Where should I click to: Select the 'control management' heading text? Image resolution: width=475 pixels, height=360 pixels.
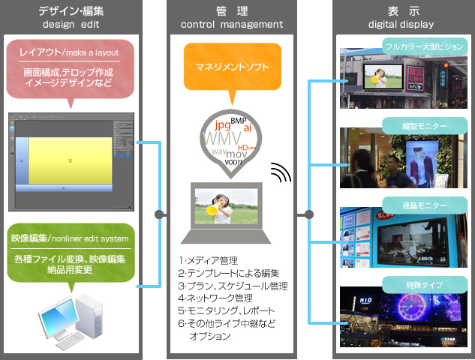click(x=232, y=25)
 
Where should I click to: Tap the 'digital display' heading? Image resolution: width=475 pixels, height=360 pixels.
click(x=401, y=25)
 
